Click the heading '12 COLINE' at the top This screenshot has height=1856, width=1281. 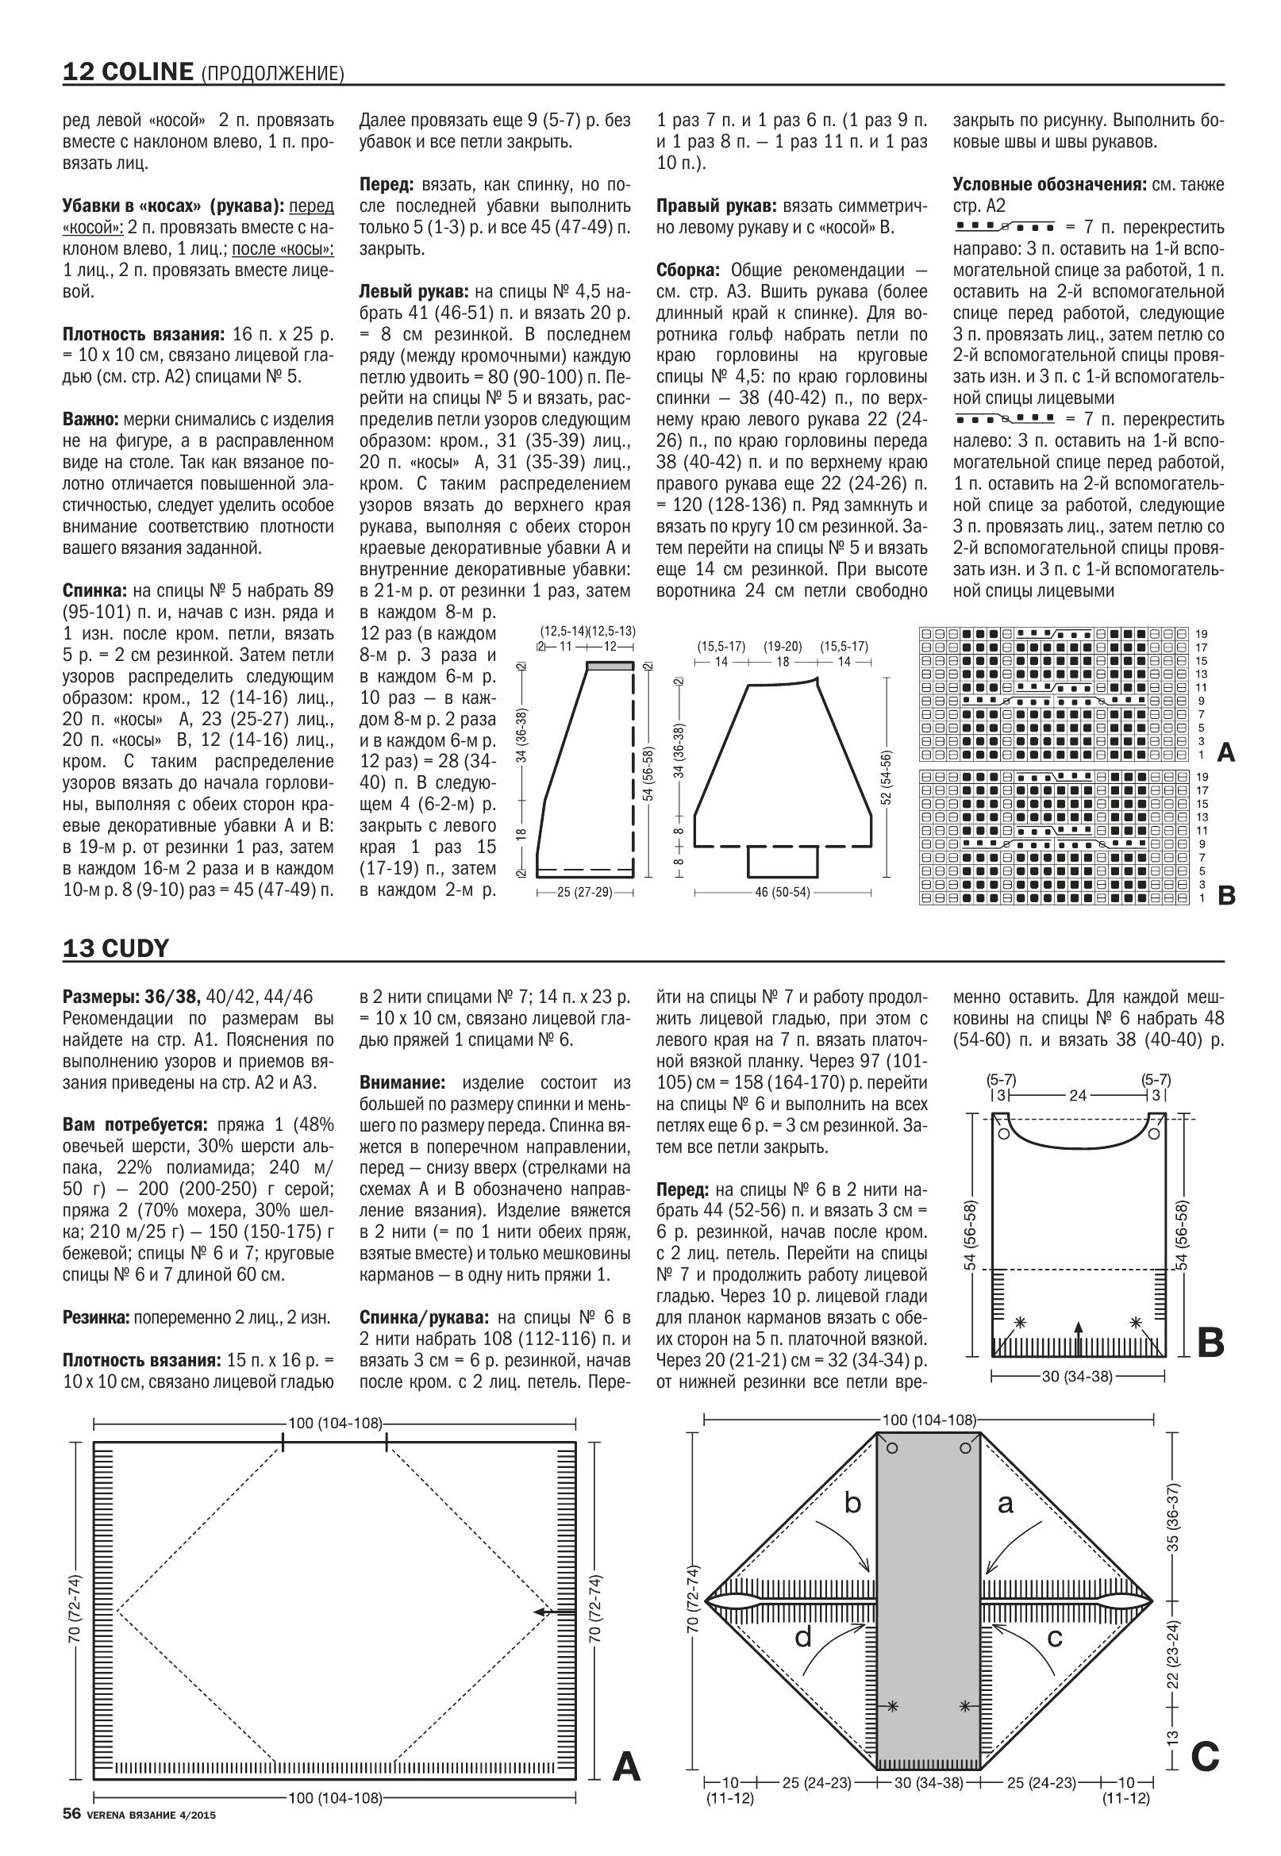129,72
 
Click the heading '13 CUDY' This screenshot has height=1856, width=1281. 116,948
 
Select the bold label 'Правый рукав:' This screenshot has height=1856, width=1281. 717,206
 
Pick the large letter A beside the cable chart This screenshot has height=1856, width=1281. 1225,752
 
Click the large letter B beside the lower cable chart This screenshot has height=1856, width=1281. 1225,896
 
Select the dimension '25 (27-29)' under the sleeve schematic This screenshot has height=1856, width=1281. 584,892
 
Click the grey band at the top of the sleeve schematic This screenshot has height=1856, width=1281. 610,665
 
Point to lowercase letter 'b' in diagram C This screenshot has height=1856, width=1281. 852,1503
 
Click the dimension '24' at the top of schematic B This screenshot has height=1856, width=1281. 1077,1095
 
